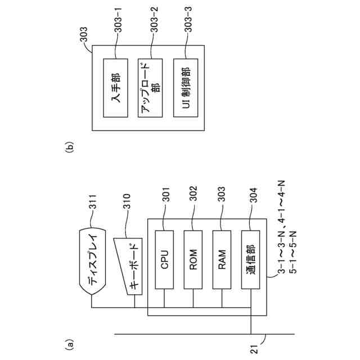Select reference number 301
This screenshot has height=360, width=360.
click(165, 200)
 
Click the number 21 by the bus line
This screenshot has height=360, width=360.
click(253, 349)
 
